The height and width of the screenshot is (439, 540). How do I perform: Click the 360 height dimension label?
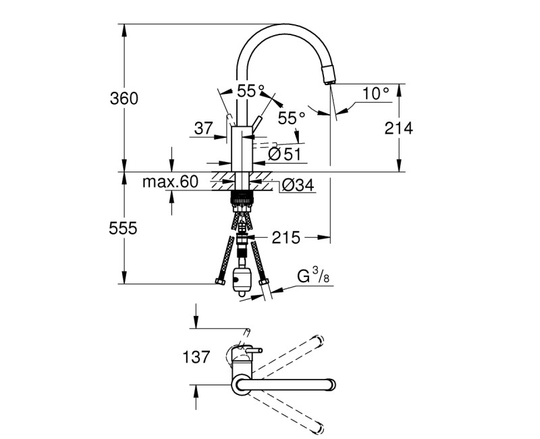tap(124, 99)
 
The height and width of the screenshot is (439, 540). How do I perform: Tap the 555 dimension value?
tap(124, 229)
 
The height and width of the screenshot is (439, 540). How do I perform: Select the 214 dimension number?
tap(398, 128)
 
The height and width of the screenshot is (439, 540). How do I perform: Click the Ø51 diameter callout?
tap(283, 154)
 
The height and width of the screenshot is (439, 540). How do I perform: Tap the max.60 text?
tap(170, 182)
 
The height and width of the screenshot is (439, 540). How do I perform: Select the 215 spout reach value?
tap(286, 237)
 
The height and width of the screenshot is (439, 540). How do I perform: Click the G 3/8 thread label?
tap(314, 276)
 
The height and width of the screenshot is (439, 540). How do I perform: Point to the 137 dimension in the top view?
tap(196, 357)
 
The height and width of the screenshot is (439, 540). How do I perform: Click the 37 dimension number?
tap(203, 127)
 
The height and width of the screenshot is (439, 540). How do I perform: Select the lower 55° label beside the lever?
tap(292, 118)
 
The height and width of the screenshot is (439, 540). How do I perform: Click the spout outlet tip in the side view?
tap(330, 80)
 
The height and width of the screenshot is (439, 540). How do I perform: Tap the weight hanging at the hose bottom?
tap(241, 280)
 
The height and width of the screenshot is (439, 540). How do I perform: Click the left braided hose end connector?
tap(217, 280)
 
